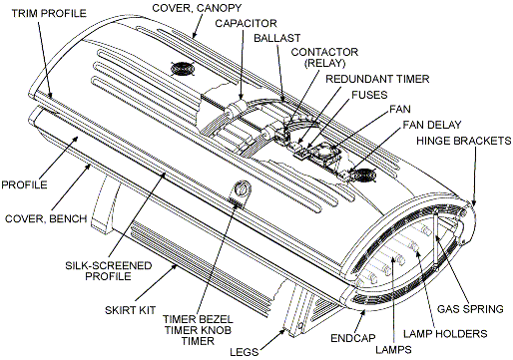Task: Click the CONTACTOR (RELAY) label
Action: point(318,56)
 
